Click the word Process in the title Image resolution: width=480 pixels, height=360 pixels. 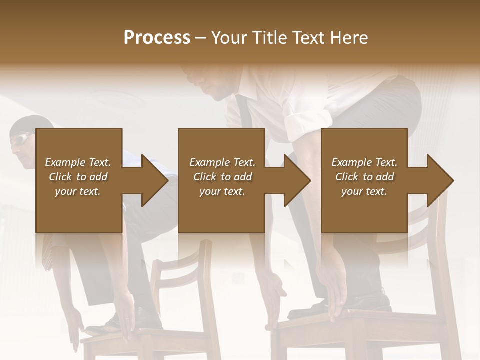tap(157, 37)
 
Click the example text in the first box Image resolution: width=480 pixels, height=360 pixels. tap(78, 176)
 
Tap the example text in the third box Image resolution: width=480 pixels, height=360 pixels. tap(364, 176)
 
